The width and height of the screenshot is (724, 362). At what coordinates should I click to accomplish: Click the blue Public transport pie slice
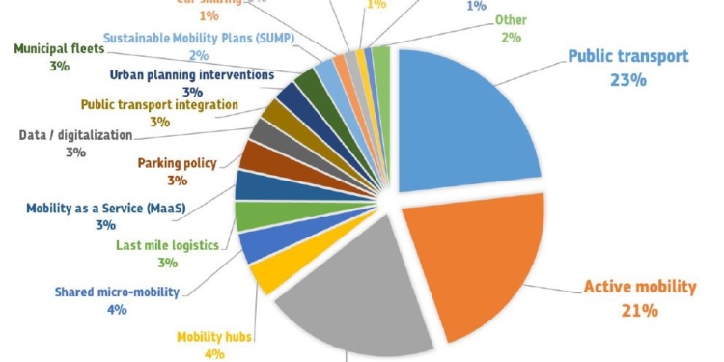[x=463, y=125]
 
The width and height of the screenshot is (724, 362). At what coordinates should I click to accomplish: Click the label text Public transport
[x=627, y=57]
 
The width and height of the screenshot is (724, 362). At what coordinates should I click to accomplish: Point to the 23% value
[x=627, y=80]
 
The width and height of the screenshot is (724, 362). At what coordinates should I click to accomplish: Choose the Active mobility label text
[x=639, y=287]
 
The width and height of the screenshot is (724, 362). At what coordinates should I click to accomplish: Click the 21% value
[x=639, y=310]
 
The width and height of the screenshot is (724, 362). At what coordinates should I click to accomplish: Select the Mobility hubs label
[x=214, y=338]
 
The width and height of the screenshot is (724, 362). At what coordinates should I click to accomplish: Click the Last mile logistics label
[x=166, y=246]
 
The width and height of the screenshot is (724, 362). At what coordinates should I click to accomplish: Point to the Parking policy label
[x=177, y=163]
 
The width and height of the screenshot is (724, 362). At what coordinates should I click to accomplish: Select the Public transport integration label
[x=159, y=104]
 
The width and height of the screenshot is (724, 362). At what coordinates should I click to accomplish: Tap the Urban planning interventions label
[x=191, y=74]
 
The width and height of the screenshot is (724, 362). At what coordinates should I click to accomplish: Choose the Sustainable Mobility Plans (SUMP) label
[x=198, y=37]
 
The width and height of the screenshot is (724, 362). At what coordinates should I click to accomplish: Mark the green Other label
[x=511, y=20]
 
